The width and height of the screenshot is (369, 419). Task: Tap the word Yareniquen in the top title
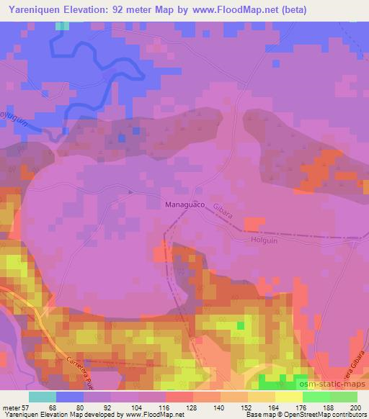(x=35, y=10)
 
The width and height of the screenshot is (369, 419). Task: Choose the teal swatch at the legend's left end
(x=43, y=396)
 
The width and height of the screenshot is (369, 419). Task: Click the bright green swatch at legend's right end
(x=344, y=396)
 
